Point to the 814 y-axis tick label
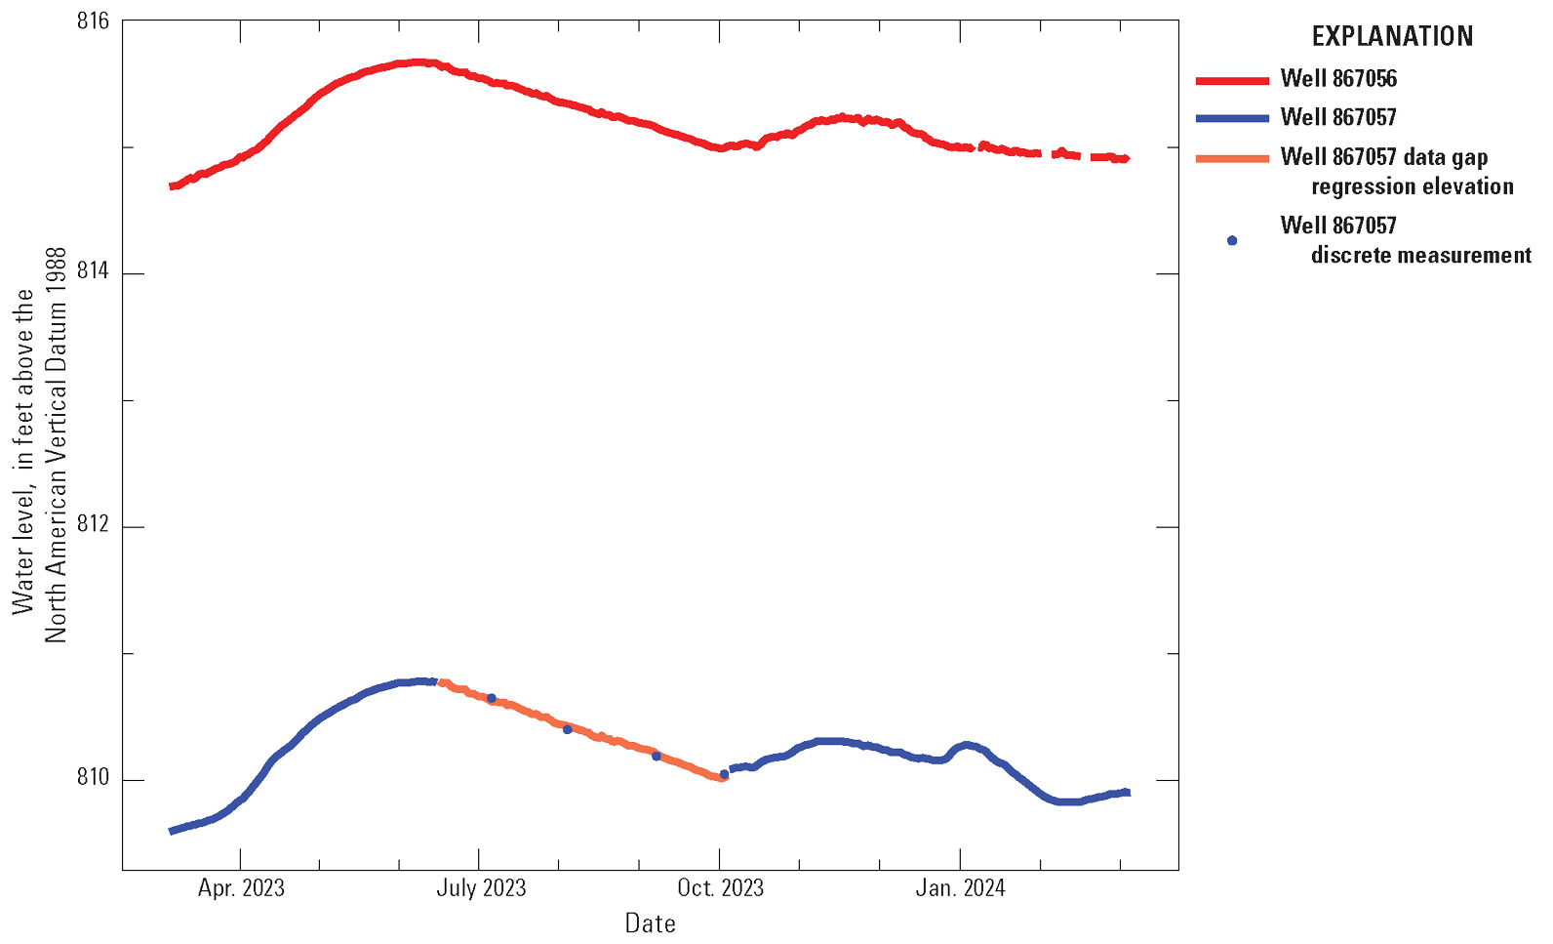pyautogui.click(x=93, y=272)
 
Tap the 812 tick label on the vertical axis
pyautogui.click(x=93, y=526)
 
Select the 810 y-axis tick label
pyautogui.click(x=93, y=779)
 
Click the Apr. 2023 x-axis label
pyautogui.click(x=241, y=888)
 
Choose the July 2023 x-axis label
pyautogui.click(x=480, y=888)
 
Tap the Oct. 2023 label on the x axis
pyautogui.click(x=720, y=888)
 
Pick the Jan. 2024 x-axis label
pyautogui.click(x=960, y=888)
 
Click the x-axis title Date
pyautogui.click(x=650, y=923)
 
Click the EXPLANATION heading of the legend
pyautogui.click(x=1391, y=37)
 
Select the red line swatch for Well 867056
pyautogui.click(x=1232, y=79)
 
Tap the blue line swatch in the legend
pyautogui.click(x=1232, y=118)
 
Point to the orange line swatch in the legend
pyautogui.click(x=1232, y=158)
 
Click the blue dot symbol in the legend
pyautogui.click(x=1232, y=240)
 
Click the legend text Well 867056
pyautogui.click(x=1338, y=78)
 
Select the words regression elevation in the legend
pyautogui.click(x=1412, y=186)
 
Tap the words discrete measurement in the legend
pyautogui.click(x=1420, y=256)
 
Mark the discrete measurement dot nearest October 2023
pyautogui.click(x=724, y=774)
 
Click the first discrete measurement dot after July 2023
pyautogui.click(x=491, y=698)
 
